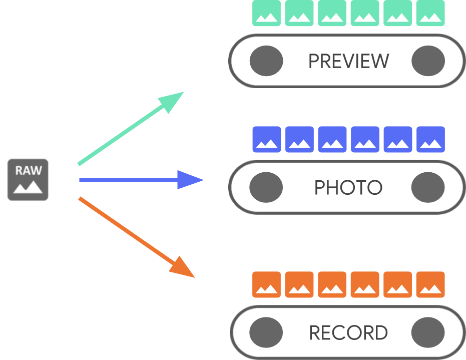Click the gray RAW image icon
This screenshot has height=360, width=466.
[28, 180]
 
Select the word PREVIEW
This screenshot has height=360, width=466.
[348, 61]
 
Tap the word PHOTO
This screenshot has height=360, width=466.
[348, 188]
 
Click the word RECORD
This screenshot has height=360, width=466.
[348, 333]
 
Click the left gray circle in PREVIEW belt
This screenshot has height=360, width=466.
[266, 61]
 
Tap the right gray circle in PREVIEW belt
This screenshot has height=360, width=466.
[428, 61]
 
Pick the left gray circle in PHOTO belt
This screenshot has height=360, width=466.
[266, 188]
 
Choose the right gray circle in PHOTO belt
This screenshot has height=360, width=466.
[428, 188]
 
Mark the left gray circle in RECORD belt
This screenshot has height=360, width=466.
[266, 333]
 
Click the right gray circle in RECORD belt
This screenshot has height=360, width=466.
[428, 333]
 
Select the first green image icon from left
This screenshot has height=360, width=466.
[266, 13]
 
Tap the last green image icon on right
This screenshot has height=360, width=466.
[430, 13]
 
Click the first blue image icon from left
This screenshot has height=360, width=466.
[266, 139]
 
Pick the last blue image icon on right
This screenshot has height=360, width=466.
[430, 139]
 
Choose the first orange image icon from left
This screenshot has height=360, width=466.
[266, 284]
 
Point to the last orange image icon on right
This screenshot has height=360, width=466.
[430, 284]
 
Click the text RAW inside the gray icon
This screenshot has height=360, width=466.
[28, 170]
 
